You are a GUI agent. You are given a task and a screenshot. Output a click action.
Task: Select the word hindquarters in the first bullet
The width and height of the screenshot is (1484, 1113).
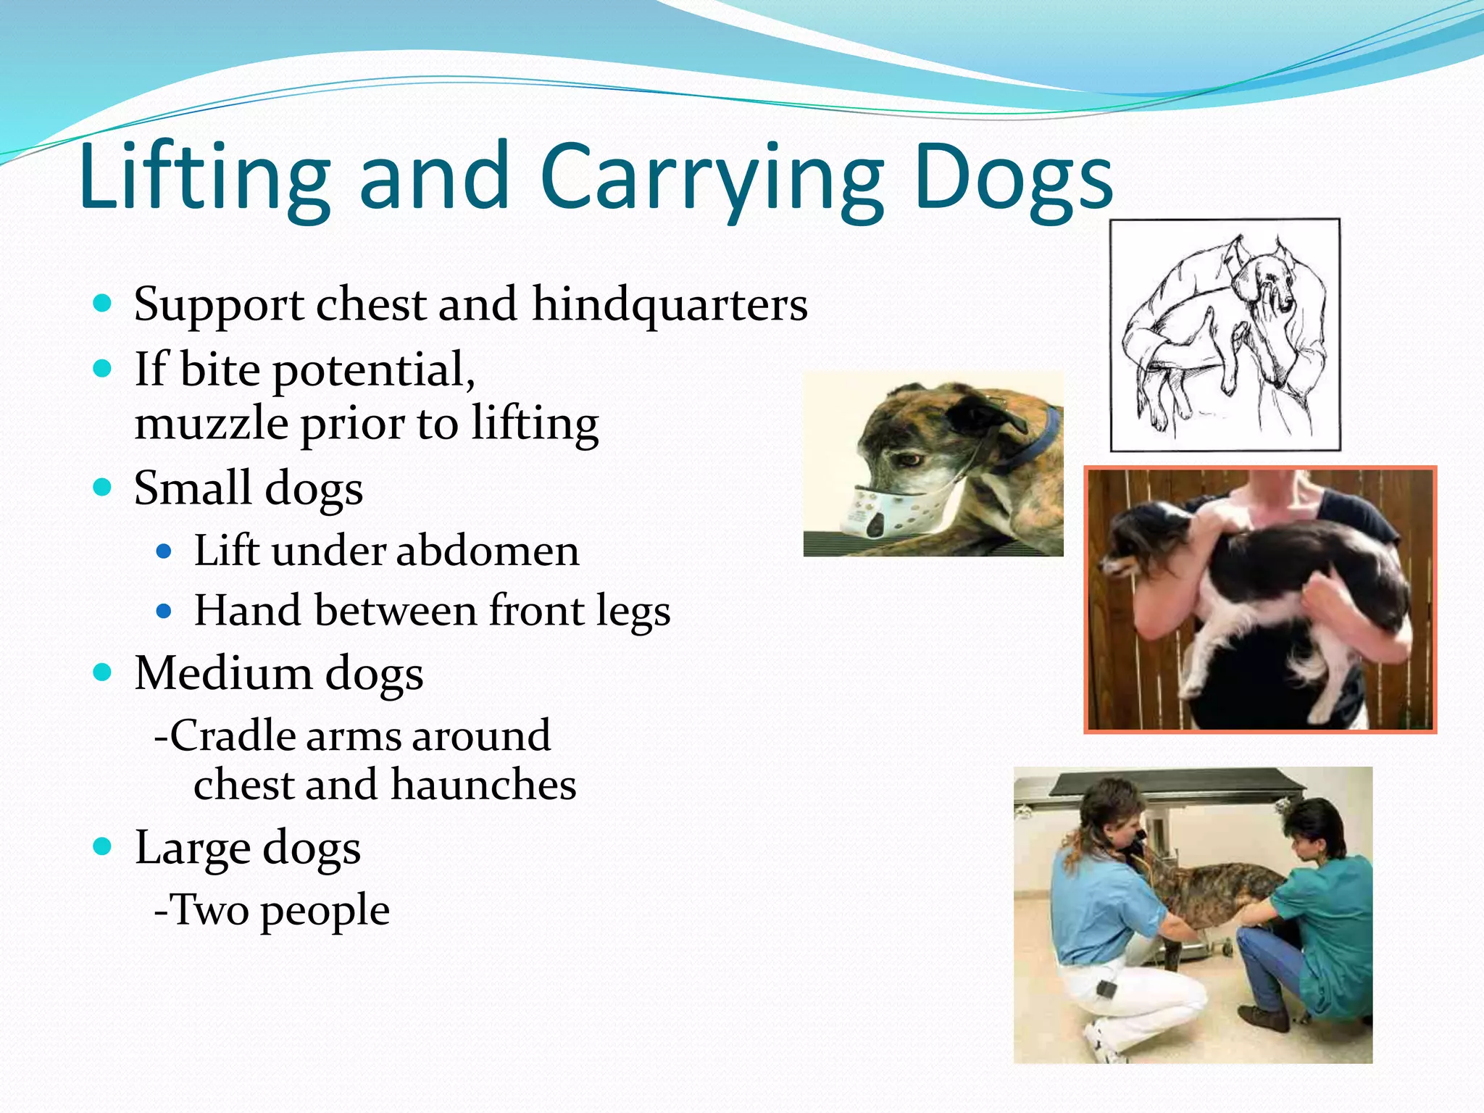click(x=670, y=304)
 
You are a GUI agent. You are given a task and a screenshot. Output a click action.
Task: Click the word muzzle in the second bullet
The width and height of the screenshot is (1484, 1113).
click(x=211, y=423)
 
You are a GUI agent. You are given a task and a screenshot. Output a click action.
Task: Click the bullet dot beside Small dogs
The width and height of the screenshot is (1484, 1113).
click(x=103, y=487)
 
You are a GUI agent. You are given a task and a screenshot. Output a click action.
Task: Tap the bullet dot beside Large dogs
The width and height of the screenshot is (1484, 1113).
click(x=103, y=846)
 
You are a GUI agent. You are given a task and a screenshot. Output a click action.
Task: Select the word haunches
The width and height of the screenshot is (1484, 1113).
click(x=483, y=785)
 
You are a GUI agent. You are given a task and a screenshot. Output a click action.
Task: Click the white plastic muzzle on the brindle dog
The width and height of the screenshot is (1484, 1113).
click(x=880, y=511)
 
